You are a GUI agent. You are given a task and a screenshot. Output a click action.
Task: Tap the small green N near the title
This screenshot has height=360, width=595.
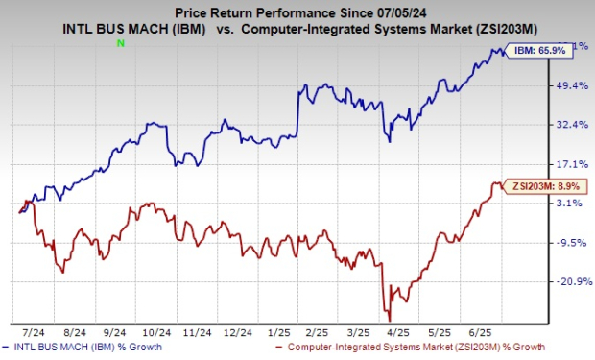coord(120,43)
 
